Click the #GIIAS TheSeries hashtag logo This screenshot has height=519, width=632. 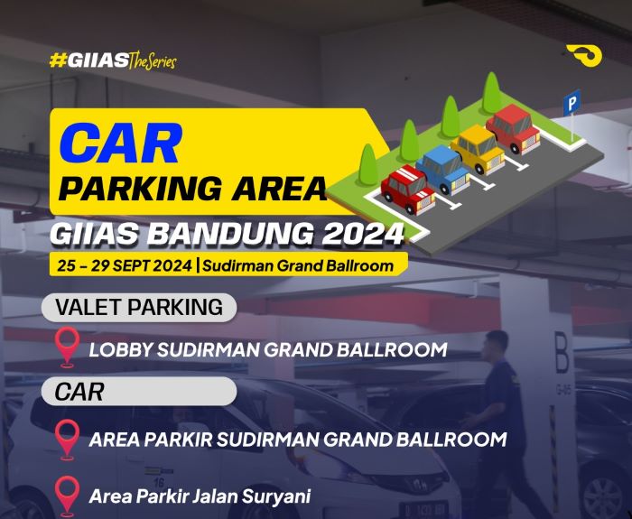pyautogui.click(x=113, y=61)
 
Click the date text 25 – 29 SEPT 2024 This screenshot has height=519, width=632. pyautogui.click(x=124, y=265)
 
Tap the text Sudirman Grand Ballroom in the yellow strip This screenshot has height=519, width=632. pyautogui.click(x=300, y=265)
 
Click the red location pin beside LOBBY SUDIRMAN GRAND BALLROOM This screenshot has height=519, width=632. pyautogui.click(x=67, y=347)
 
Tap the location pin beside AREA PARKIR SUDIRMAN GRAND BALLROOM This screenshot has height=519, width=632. pyautogui.click(x=67, y=439)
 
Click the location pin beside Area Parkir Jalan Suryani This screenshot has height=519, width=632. pyautogui.click(x=67, y=495)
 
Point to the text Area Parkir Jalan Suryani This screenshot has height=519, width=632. pyautogui.click(x=200, y=496)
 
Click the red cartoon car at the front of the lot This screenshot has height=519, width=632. pyautogui.click(x=408, y=186)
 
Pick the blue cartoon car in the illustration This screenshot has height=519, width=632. pyautogui.click(x=444, y=166)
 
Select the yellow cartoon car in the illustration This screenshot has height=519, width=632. pyautogui.click(x=479, y=146)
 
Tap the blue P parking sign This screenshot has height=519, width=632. pyautogui.click(x=572, y=102)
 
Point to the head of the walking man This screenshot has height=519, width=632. pyautogui.click(x=495, y=344)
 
